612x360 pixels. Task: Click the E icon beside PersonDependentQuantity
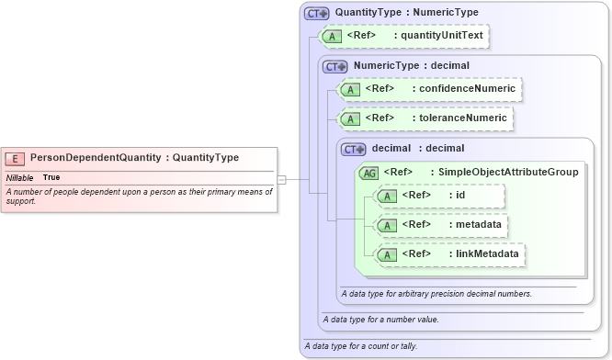16,158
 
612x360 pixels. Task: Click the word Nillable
20,177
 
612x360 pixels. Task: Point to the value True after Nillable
51,177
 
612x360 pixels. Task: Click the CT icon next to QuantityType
317,13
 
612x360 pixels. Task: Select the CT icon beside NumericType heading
335,66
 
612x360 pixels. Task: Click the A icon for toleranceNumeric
350,118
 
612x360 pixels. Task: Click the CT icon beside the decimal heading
354,149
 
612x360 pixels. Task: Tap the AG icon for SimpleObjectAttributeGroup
368,172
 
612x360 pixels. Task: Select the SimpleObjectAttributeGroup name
508,172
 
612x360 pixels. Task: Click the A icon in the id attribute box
387,196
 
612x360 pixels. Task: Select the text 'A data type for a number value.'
381,320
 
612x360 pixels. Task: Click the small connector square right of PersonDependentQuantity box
282,180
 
